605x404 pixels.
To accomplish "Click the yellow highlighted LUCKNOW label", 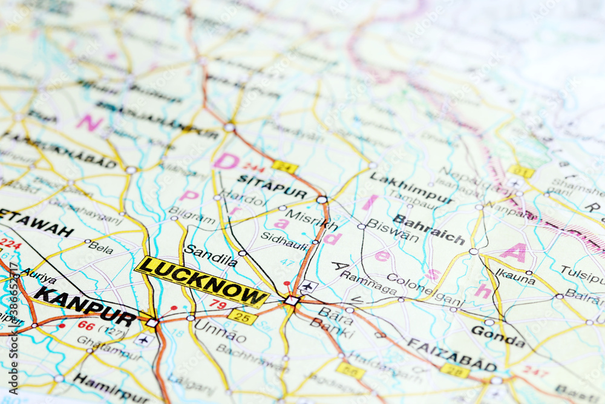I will click(x=202, y=282).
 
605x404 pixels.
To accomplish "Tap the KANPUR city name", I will click(x=85, y=306).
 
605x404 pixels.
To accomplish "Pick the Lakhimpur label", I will click(x=411, y=188).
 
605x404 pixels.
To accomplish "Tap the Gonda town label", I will click(x=497, y=336).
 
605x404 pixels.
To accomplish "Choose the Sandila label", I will click(x=211, y=256).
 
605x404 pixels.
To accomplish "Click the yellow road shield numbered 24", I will click(x=284, y=167).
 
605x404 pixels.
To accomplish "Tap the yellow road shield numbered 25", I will click(x=242, y=317).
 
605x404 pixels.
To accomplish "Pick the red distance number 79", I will click(x=218, y=303).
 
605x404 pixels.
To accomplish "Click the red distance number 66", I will click(x=87, y=325).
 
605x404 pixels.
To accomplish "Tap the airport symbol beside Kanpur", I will click(x=143, y=339).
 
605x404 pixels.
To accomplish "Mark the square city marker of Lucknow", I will click(x=292, y=300).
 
